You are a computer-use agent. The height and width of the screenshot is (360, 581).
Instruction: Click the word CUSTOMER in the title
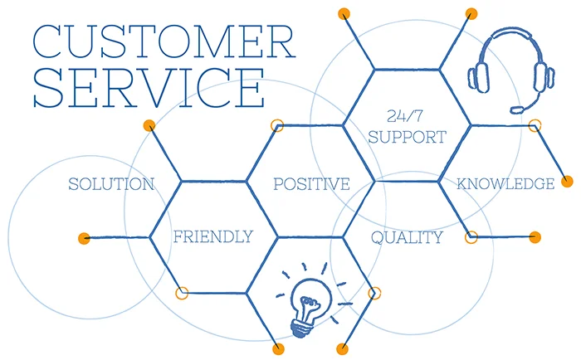tap(164, 41)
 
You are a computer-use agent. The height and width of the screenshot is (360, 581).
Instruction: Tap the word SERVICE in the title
tap(149, 89)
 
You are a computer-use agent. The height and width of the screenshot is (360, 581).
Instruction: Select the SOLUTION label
tap(111, 184)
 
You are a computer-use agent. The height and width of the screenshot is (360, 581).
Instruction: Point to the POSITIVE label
tap(311, 184)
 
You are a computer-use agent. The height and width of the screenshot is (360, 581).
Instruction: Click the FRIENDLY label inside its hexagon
tap(213, 236)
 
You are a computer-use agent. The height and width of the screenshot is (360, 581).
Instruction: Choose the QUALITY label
tap(407, 237)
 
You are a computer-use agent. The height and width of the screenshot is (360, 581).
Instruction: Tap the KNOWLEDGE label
tap(505, 183)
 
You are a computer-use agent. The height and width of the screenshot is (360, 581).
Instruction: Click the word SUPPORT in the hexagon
tap(407, 137)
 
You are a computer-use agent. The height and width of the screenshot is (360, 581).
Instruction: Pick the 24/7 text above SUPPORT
tap(405, 116)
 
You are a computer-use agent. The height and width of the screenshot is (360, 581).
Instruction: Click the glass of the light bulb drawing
tap(310, 295)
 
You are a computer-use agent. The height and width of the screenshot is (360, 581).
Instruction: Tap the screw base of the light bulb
tap(301, 328)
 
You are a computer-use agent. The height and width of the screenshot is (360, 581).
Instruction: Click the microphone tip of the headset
tap(517, 109)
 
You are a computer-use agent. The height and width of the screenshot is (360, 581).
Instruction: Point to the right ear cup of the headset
tap(544, 76)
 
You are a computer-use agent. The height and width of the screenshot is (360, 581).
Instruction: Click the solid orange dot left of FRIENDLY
tap(84, 238)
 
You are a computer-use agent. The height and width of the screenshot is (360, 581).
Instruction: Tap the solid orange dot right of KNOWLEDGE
tap(567, 182)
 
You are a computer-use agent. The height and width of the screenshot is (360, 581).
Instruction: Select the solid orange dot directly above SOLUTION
tap(149, 125)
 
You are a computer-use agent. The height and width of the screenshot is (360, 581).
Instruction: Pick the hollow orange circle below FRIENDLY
tap(182, 293)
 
